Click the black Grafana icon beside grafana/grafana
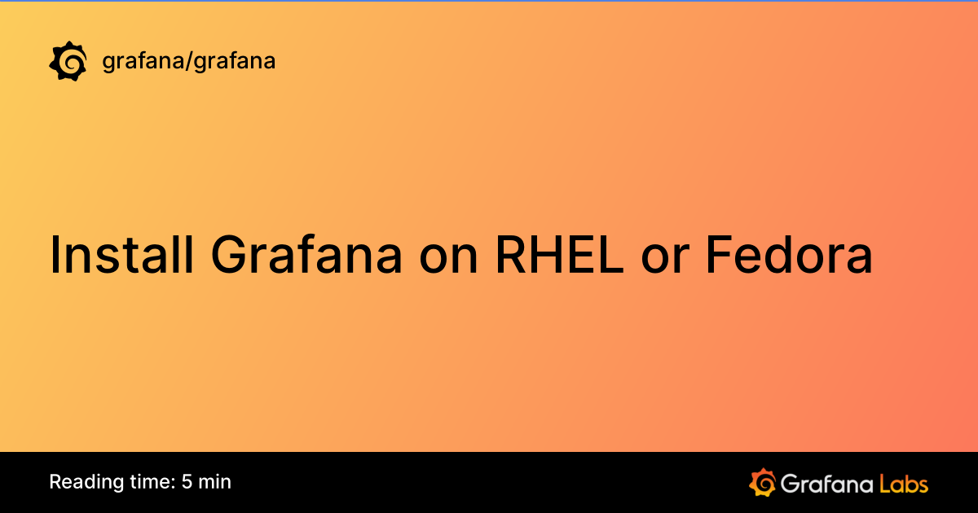click(68, 61)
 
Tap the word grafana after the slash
click(233, 61)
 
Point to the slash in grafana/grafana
click(188, 61)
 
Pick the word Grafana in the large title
click(306, 255)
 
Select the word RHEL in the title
click(562, 255)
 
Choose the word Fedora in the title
click(789, 255)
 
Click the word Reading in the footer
click(80, 482)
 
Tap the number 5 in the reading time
click(187, 482)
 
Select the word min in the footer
click(215, 482)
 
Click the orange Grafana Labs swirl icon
click(762, 482)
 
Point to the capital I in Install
click(55, 255)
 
